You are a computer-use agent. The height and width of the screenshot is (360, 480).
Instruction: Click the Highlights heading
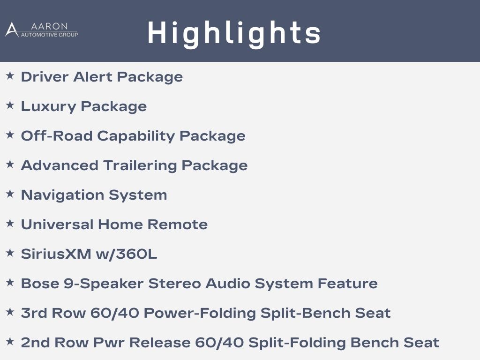[234, 33]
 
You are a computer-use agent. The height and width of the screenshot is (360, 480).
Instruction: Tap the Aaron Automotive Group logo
[42, 30]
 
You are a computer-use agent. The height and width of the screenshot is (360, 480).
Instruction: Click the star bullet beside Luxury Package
[10, 105]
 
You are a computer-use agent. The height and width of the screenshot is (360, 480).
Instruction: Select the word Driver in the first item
[45, 76]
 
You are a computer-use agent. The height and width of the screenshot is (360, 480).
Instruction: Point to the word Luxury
[48, 107]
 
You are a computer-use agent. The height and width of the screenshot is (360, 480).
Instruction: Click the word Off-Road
[57, 135]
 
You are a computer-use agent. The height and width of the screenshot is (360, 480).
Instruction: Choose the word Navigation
[62, 195]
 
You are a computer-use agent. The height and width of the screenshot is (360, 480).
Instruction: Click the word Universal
[57, 225]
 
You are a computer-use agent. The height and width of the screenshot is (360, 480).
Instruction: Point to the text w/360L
[127, 254]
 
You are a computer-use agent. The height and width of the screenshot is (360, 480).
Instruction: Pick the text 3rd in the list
[34, 313]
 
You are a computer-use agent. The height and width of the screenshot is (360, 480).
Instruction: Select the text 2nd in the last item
[35, 343]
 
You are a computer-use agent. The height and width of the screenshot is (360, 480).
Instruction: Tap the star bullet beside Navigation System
[10, 194]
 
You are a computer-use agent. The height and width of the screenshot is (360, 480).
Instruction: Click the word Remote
[178, 225]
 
